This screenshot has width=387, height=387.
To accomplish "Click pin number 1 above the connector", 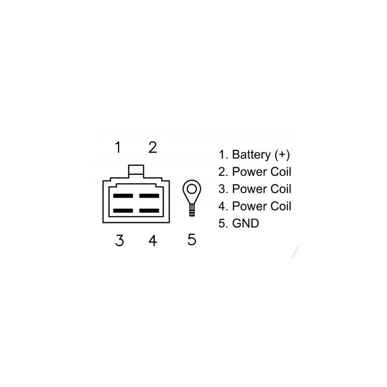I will [118, 147].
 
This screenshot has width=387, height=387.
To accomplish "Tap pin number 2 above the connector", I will [152, 147].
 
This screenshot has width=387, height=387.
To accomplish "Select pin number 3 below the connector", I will [120, 241].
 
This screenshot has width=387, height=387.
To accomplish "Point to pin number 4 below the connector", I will [153, 241].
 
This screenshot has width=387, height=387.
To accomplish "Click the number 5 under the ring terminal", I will [192, 240].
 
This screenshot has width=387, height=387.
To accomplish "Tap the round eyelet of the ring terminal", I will [192, 189].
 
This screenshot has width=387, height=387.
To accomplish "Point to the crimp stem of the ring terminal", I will [192, 209].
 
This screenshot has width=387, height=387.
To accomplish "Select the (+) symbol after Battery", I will [282, 155].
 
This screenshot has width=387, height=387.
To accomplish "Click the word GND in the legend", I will [245, 223].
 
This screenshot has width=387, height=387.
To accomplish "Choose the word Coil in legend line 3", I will [281, 189].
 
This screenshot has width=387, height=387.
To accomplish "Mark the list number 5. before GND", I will [223, 223].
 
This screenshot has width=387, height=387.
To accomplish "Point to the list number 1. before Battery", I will [223, 155].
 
